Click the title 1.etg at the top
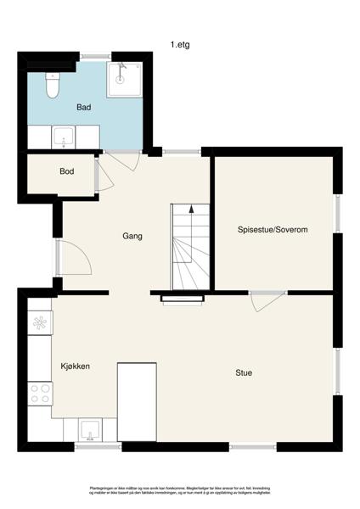[x=179, y=44]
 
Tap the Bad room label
[x=83, y=108]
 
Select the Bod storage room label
[x=66, y=171]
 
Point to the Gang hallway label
[x=131, y=236]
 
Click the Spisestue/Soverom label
[x=272, y=230]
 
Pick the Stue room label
[x=245, y=372]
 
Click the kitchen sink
[x=90, y=429]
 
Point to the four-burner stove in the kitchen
[x=40, y=392]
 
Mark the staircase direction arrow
[x=192, y=208]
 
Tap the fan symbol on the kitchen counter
[x=39, y=322]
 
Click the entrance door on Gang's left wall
[x=73, y=258]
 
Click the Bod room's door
[x=98, y=176]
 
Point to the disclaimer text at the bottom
[x=179, y=490]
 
